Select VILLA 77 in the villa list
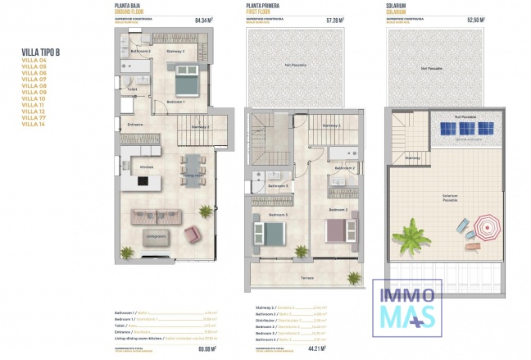coord(34,118)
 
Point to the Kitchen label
coord(147,167)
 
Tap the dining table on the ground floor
coord(193,170)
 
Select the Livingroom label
coord(156,237)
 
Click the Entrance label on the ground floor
coord(135,125)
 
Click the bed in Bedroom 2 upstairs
coord(338,229)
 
